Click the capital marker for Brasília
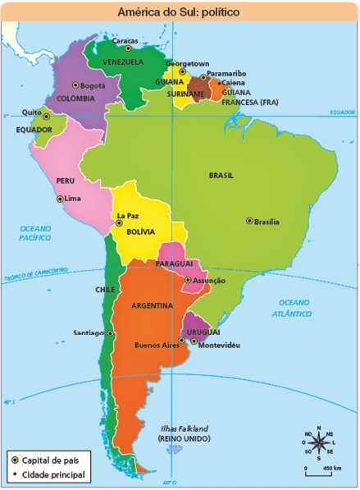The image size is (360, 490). pos(249,220)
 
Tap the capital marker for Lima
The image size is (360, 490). pos(59,199)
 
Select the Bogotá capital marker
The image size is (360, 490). pos(75,85)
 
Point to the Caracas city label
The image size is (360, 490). pos(125,39)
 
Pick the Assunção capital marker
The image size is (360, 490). pos(188,280)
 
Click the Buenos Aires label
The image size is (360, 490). pos(156,345)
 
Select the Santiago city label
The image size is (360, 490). pos(88,333)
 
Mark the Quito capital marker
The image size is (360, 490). pos(46,117)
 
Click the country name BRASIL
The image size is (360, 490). pos(221,175)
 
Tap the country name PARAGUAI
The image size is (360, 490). pos(173,263)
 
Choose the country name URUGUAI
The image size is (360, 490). pos(203,331)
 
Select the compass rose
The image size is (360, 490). pos(317,444)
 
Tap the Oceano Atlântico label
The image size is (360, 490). pos(294,308)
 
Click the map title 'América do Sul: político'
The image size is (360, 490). pos(179,10)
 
